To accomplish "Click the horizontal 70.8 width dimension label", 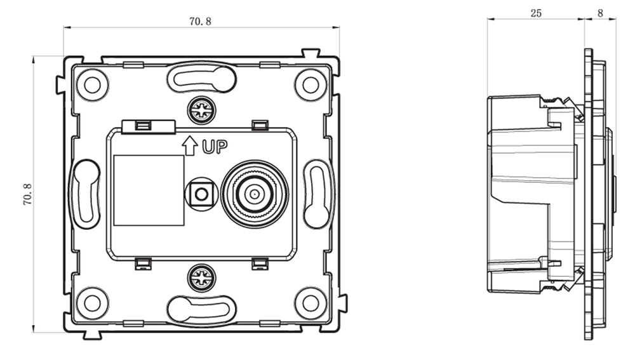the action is [x=200, y=22].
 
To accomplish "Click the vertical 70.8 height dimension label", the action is [x=27, y=194].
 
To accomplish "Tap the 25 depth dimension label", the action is [x=536, y=13].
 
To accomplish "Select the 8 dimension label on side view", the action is [x=600, y=13].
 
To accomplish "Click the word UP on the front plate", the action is [x=215, y=147].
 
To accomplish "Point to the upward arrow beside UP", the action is [x=189, y=146].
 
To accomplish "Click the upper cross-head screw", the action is [x=201, y=110].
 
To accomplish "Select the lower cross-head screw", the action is [x=201, y=278].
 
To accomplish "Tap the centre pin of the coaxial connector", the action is [x=255, y=194].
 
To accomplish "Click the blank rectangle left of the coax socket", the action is [x=149, y=190].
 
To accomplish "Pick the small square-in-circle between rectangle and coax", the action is [x=201, y=194].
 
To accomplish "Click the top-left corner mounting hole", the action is [x=92, y=85].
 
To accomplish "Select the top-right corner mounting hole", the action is [x=311, y=85].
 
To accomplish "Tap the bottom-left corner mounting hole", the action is [x=92, y=303].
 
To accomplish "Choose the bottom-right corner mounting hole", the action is [x=311, y=303].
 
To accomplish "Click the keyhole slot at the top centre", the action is [x=201, y=77].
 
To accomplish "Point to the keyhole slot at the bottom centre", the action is [x=201, y=309].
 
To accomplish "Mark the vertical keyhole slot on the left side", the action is [x=86, y=194].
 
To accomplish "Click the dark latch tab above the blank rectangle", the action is [x=149, y=126].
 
